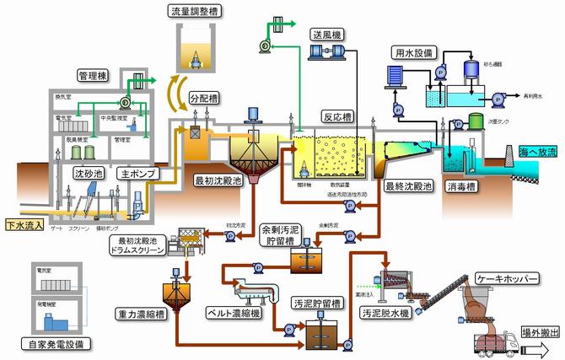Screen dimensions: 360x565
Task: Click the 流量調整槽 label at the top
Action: (195, 9)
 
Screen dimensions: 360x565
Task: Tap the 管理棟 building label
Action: (95, 73)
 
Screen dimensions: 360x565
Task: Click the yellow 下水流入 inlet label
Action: (20, 226)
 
